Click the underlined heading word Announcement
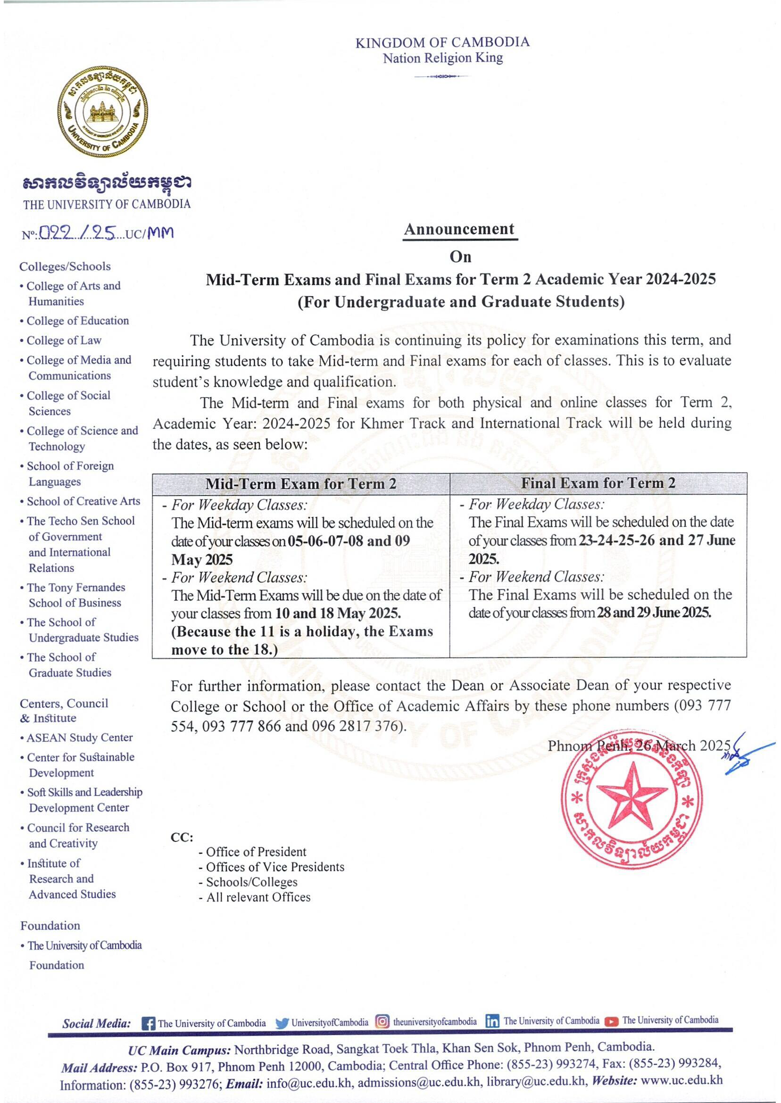[459, 229]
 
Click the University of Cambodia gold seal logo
[103, 112]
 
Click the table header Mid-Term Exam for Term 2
[300, 484]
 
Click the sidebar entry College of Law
[64, 340]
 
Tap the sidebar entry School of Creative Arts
[83, 501]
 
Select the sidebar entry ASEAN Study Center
[79, 738]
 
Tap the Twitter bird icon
[282, 1023]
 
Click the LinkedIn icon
[492, 1021]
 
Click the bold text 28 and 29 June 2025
[654, 613]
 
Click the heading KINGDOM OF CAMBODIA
[442, 42]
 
